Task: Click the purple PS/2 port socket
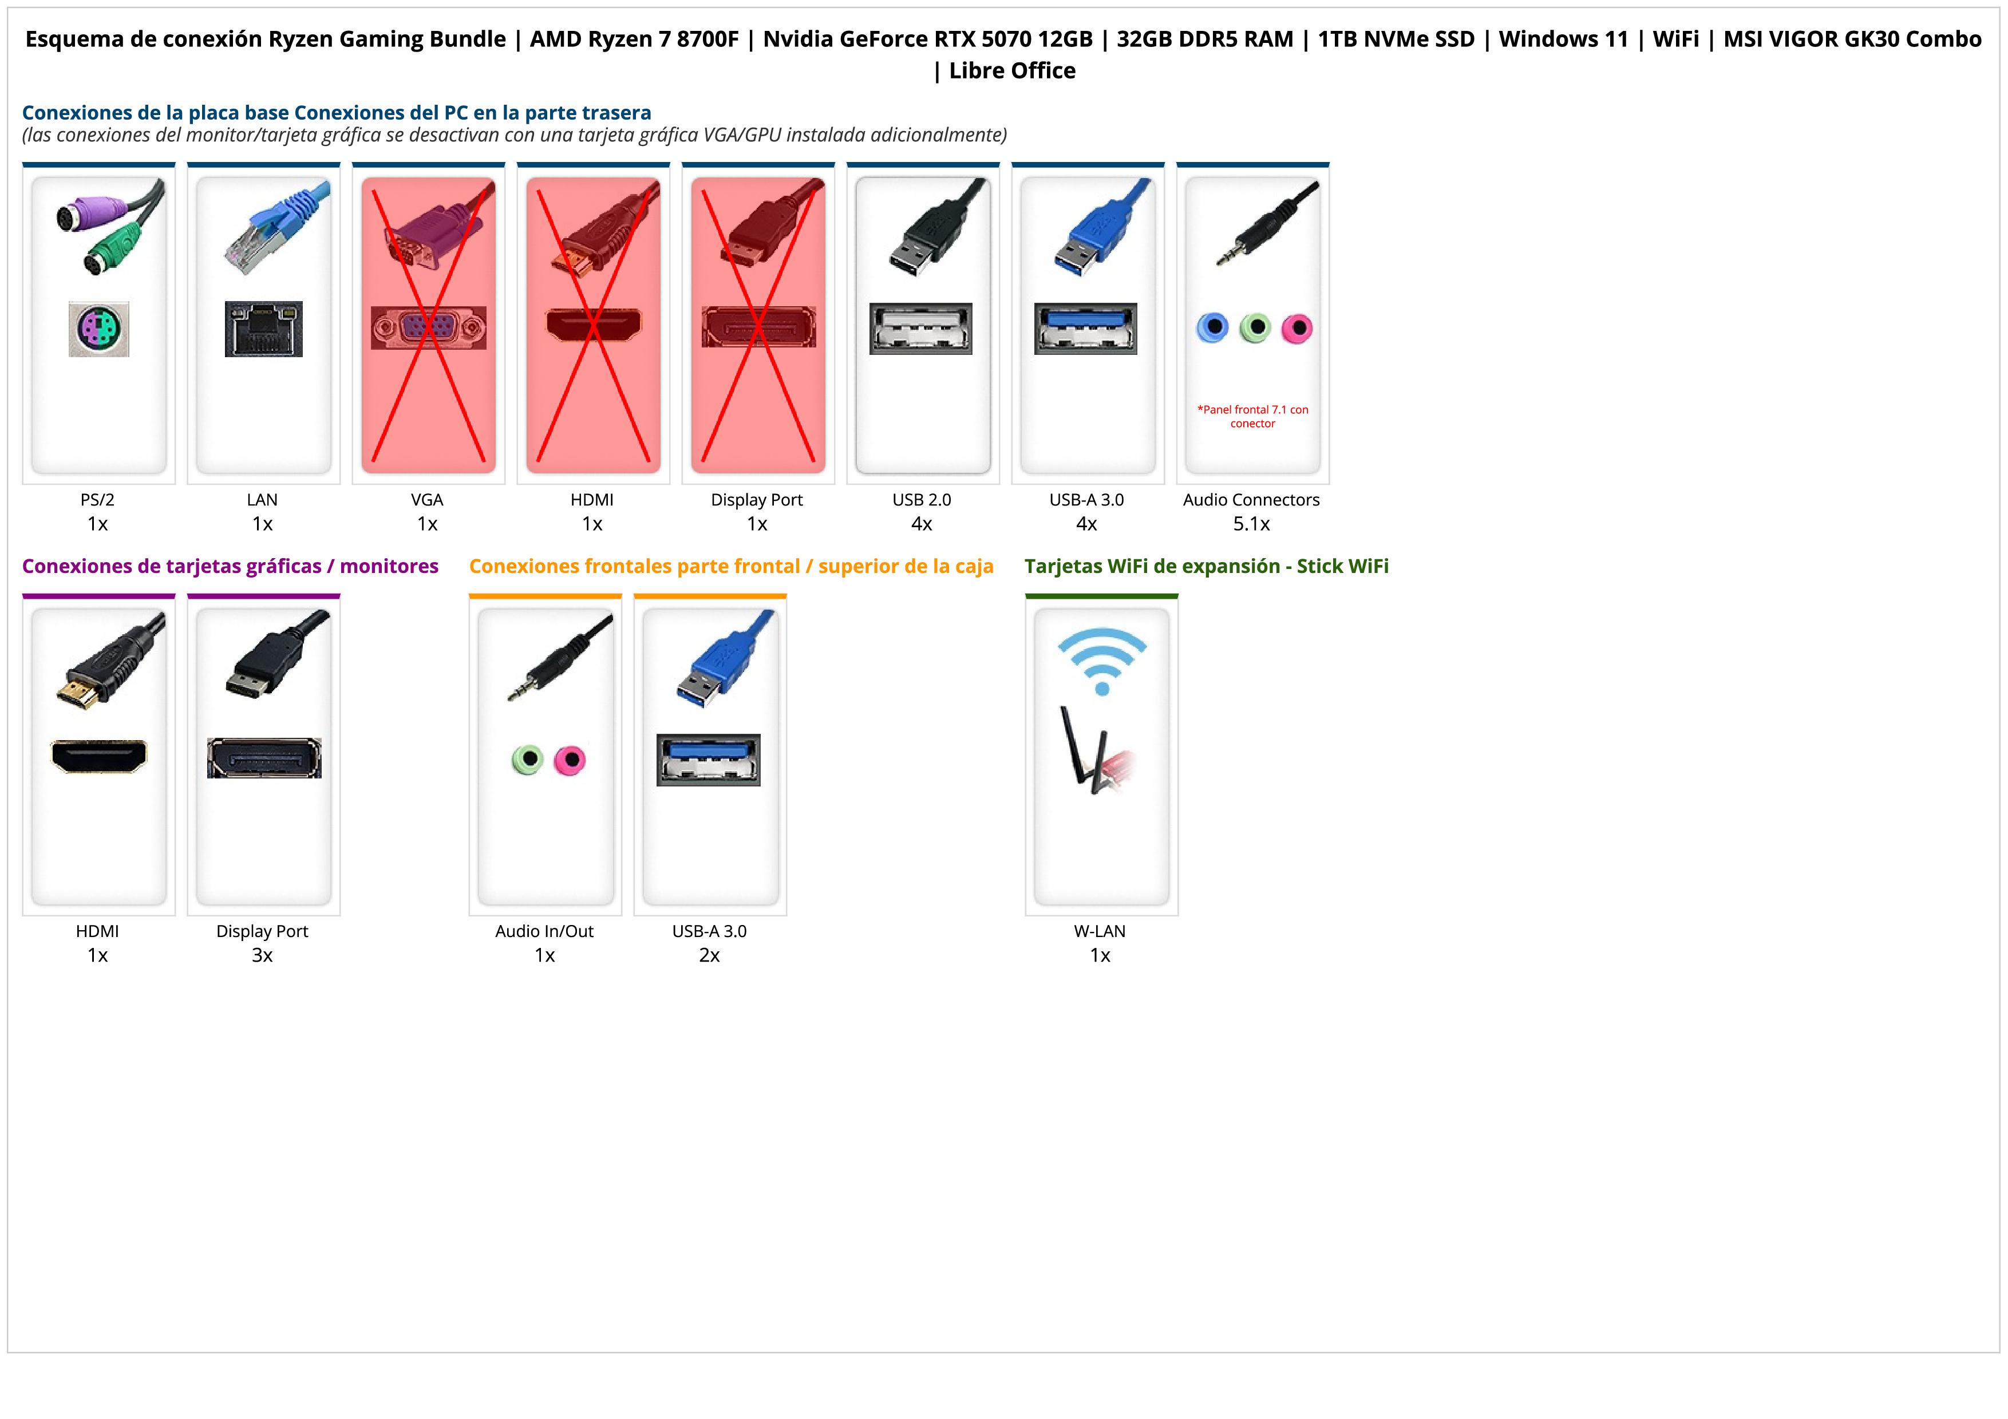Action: tap(99, 329)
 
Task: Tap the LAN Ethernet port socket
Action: tap(263, 329)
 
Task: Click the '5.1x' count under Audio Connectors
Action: tap(1251, 524)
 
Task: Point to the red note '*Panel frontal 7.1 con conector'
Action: tap(1252, 416)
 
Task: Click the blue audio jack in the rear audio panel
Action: tap(1212, 328)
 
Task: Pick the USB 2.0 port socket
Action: tap(921, 329)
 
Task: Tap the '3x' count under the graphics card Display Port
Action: tap(262, 955)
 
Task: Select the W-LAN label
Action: tap(1100, 931)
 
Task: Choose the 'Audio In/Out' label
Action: tap(544, 931)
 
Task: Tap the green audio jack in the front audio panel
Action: tap(527, 759)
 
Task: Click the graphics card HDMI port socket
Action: tap(99, 756)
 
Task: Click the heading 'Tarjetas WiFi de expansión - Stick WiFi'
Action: tap(1206, 567)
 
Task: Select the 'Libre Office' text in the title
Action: tap(1012, 71)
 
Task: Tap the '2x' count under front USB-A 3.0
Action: tap(709, 955)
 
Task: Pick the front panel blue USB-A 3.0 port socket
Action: tap(709, 760)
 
